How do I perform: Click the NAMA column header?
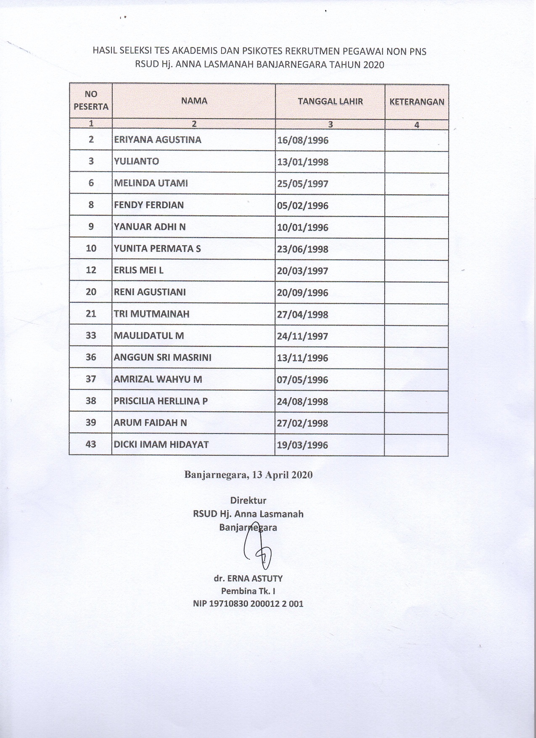194,101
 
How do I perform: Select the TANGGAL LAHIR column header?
330,101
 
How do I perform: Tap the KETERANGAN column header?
417,101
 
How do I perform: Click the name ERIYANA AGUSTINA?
158,140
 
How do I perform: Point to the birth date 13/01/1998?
303,162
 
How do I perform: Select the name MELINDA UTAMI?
151,183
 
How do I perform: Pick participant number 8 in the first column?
91,205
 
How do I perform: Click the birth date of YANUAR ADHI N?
303,227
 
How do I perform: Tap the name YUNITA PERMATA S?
157,249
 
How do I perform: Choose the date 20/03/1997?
303,271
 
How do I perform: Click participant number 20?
91,292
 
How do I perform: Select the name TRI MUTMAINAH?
151,314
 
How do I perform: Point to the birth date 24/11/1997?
303,336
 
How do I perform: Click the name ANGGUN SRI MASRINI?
162,357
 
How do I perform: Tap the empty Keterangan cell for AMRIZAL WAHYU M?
416,379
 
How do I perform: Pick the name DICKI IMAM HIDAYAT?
161,444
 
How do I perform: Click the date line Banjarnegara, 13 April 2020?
248,475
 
